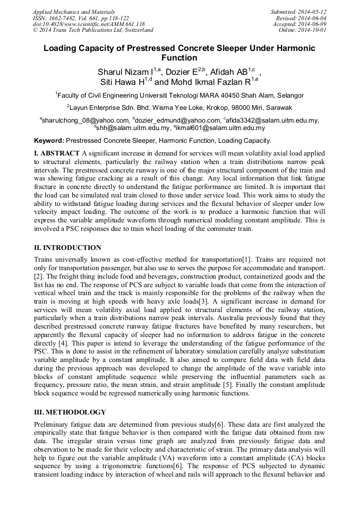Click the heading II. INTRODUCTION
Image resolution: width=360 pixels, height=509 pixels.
[67, 248]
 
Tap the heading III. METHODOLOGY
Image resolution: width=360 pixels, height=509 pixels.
[70, 412]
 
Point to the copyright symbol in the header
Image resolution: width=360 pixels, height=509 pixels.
[35, 30]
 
